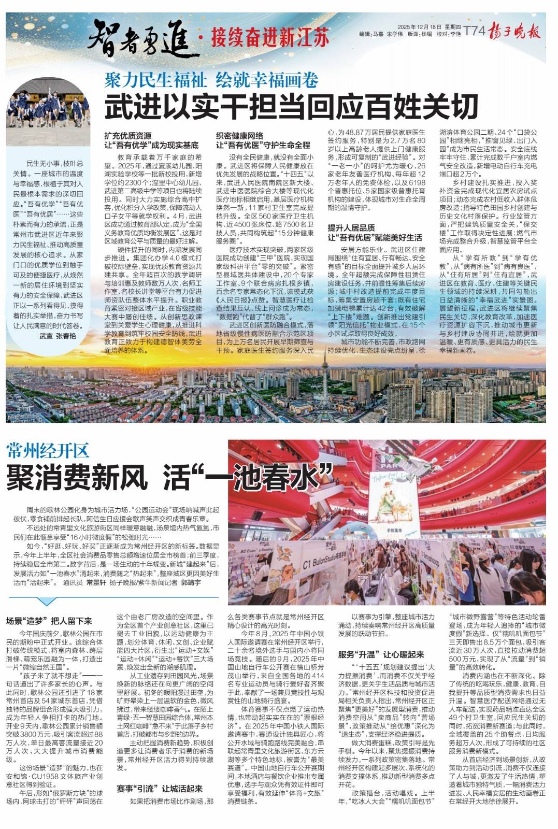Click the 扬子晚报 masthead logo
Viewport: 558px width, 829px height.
516,32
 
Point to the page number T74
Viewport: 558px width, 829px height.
474,32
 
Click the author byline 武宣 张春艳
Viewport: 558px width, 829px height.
58,335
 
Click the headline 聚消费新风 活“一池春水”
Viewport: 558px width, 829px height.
168,477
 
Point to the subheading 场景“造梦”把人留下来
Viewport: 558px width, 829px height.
49,621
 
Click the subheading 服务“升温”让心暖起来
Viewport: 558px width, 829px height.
381,654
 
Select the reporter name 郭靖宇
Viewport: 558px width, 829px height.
191,582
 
